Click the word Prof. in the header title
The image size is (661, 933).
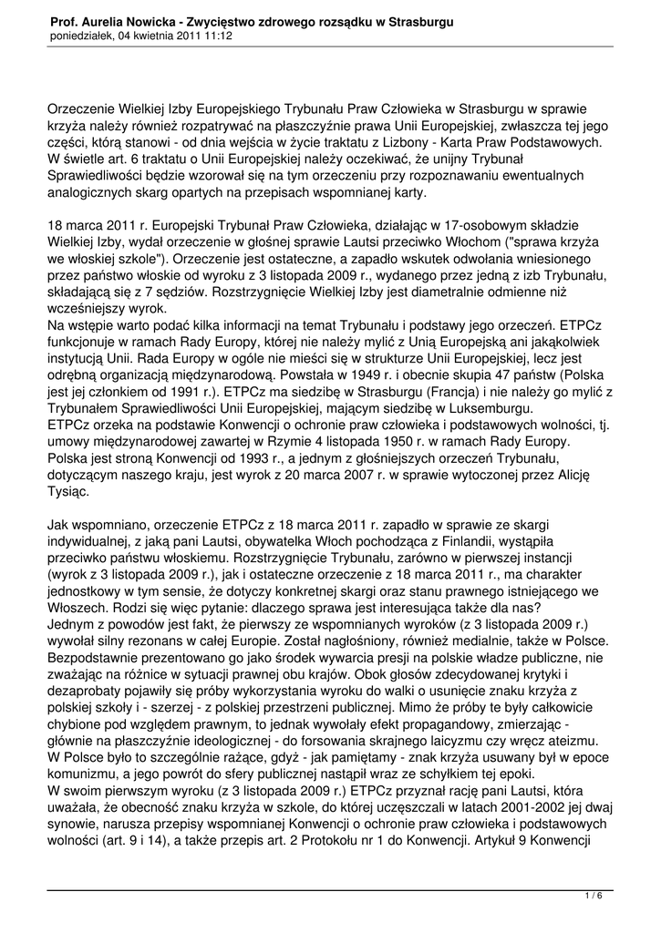[x=62, y=21]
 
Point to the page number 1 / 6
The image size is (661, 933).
[x=593, y=897]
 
